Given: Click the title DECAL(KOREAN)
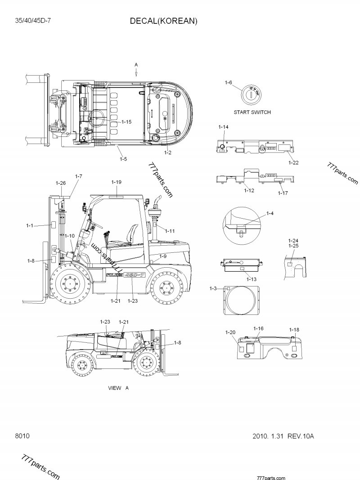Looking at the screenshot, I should point(164,21).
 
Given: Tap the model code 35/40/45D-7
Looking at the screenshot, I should point(32,21).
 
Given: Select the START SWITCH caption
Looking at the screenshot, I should point(252,112).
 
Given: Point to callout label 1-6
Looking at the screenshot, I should point(228,82).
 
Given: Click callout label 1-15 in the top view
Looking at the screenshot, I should point(126,122).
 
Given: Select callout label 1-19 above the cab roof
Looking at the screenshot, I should point(116,182).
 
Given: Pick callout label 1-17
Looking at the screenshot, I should point(283,193).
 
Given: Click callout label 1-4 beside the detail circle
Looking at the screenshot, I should point(270,213).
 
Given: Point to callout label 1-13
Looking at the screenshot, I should point(252,279).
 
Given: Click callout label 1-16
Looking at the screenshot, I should point(258,329).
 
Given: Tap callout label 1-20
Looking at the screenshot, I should point(230,332).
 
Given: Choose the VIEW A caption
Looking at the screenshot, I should point(118,388).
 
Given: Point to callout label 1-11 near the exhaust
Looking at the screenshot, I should point(170,231).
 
